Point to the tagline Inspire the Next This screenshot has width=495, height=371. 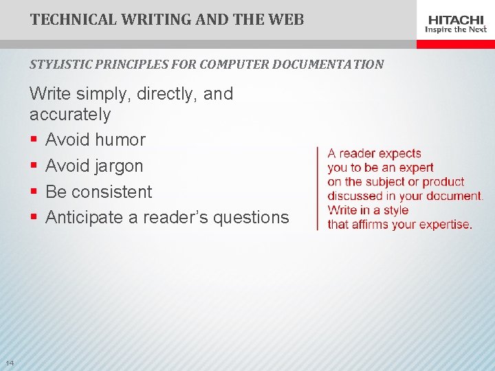[456, 30]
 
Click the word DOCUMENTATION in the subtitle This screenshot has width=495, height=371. [328, 65]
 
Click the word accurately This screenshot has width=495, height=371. [70, 114]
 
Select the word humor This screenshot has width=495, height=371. [120, 140]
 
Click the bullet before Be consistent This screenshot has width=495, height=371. [33, 192]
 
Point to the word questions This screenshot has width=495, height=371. [251, 218]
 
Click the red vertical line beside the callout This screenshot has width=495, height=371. [317, 188]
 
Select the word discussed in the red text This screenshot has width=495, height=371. [357, 196]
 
